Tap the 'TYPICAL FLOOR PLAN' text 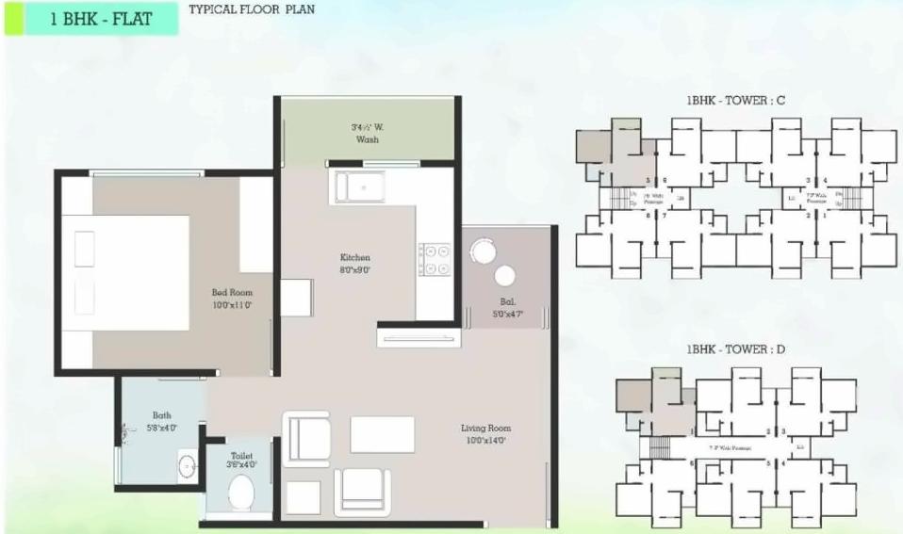click(252, 10)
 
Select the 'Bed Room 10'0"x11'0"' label click(232, 299)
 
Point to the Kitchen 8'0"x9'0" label click(355, 264)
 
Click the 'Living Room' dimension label click(485, 434)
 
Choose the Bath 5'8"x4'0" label click(162, 421)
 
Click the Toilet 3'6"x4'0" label click(241, 459)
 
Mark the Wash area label click(368, 133)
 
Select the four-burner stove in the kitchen click(435, 259)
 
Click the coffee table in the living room click(383, 434)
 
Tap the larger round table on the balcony click(483, 251)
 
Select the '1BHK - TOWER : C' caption click(736, 101)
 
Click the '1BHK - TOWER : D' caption click(736, 349)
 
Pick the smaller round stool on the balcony click(505, 275)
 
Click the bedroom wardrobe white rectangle click(254, 223)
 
